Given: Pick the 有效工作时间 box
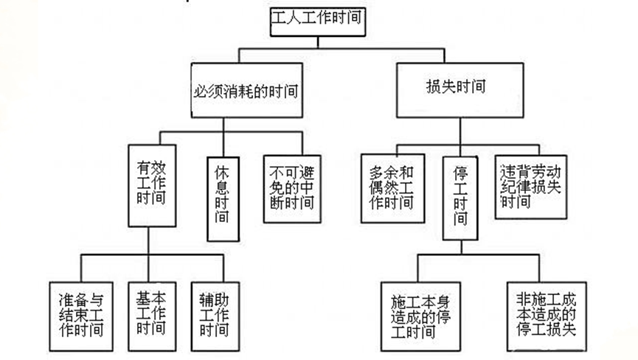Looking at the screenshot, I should [152, 185].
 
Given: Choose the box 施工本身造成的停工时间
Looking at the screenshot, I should [420, 315].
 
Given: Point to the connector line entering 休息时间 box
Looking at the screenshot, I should [223, 145].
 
